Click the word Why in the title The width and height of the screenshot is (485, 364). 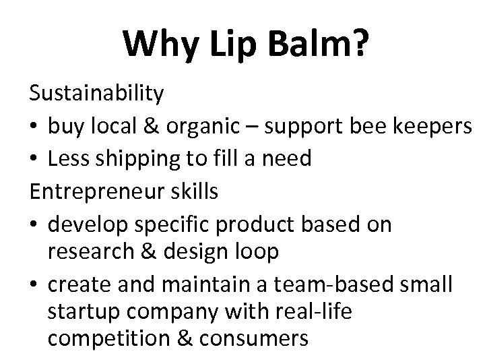[x=162, y=44]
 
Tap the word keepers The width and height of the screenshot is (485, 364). [x=429, y=126]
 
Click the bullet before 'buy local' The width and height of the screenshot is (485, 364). [x=35, y=126]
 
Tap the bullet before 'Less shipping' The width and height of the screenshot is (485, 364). [x=35, y=159]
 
